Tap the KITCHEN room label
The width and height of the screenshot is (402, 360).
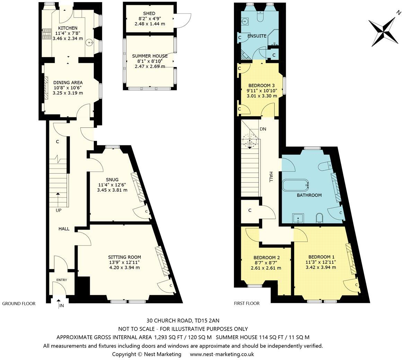68,28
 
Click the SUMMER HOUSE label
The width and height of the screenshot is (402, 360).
149,56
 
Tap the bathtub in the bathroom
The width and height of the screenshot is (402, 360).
296,186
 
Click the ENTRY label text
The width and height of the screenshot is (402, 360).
61,280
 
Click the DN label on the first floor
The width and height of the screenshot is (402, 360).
263,129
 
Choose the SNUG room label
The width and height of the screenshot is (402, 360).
113,179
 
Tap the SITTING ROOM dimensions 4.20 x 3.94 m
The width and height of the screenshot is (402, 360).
124,267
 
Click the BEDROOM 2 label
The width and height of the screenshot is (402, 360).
266,258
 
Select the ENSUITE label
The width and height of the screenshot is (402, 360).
257,36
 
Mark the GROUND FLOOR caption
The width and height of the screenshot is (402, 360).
19,304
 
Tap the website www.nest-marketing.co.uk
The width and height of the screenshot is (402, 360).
222,354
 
